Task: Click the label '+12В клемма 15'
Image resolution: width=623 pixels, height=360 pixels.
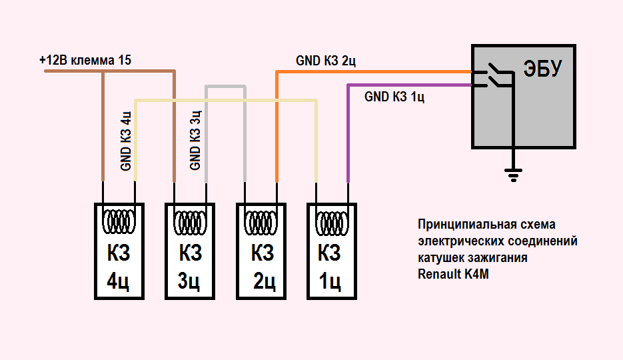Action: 85,60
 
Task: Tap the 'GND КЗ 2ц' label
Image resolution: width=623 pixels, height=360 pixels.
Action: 326,61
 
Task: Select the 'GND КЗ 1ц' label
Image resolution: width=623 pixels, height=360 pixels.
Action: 395,97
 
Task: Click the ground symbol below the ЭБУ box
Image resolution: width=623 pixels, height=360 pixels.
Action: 512,175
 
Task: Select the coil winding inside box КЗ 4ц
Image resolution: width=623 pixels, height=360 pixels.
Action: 119,219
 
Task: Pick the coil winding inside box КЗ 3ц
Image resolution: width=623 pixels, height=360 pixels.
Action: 190,219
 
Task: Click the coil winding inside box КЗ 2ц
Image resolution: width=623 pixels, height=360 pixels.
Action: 262,219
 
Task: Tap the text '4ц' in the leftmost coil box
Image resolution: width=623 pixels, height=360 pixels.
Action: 118,282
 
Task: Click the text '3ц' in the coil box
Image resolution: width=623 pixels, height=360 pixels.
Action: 189,282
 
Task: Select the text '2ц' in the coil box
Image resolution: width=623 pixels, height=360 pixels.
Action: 264,282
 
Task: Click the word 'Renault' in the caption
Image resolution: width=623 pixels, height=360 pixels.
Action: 438,274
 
